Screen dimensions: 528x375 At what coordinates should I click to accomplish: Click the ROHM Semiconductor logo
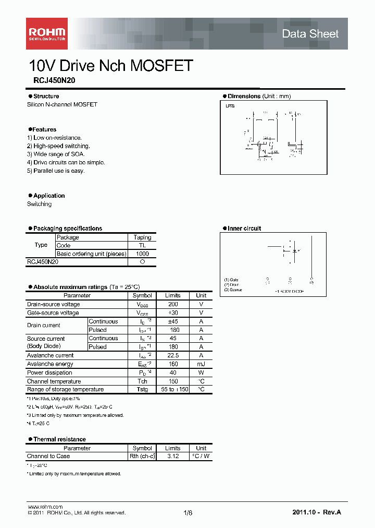click(x=46, y=33)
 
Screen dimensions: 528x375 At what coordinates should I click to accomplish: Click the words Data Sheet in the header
click(x=310, y=34)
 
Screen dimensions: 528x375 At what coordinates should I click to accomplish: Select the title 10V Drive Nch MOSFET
click(x=111, y=66)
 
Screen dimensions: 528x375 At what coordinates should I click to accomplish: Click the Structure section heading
click(x=46, y=96)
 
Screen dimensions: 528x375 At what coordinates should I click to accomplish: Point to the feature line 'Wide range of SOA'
click(x=56, y=154)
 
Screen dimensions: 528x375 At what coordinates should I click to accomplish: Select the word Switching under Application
click(x=39, y=204)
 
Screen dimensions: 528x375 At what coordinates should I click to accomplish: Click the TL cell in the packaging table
click(x=142, y=245)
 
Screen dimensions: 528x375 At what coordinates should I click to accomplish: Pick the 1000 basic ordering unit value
click(x=142, y=254)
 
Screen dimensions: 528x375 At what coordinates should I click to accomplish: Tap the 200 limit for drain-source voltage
click(x=173, y=304)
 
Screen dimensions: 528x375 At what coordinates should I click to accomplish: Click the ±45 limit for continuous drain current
click(x=173, y=321)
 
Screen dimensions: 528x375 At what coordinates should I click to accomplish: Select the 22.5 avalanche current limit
click(x=173, y=355)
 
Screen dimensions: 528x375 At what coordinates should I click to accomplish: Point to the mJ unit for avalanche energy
click(x=201, y=364)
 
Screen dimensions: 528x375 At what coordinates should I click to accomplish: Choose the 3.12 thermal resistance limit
click(x=173, y=456)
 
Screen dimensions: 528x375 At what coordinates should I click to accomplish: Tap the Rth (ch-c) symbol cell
click(x=142, y=456)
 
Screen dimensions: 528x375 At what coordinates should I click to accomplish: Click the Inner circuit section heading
click(x=244, y=229)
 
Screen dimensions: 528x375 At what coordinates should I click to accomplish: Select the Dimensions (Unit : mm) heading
click(x=259, y=96)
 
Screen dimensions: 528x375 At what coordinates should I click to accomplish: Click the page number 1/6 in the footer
click(x=188, y=513)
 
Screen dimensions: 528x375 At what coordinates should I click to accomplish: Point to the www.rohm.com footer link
click(x=45, y=507)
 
